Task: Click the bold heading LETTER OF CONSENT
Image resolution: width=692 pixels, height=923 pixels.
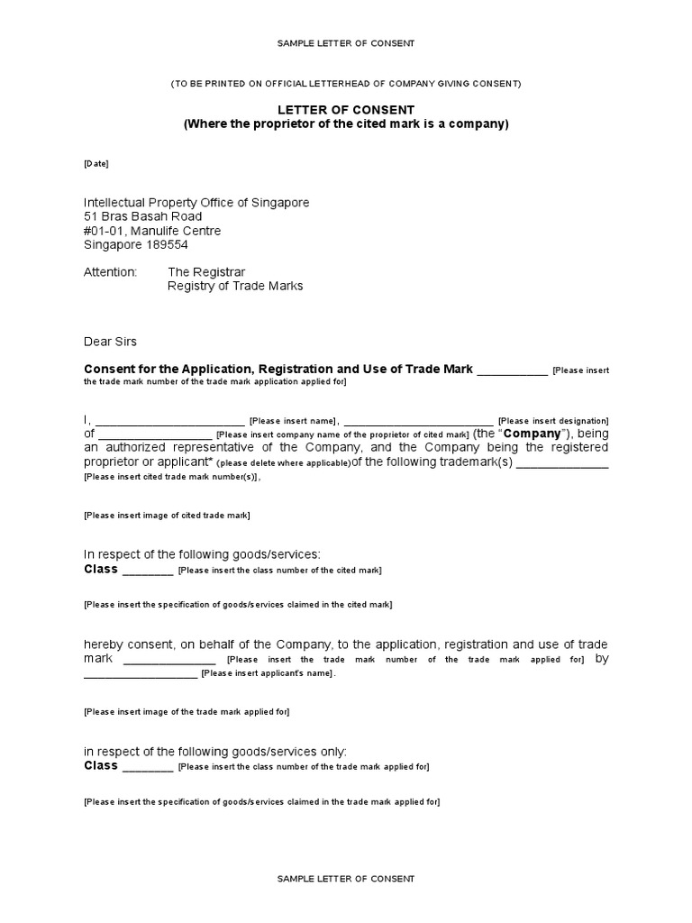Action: click(346, 109)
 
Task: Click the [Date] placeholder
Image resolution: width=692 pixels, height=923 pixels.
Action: click(96, 164)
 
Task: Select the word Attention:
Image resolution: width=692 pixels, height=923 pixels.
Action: click(110, 271)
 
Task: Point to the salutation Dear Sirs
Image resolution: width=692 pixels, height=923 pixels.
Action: click(111, 342)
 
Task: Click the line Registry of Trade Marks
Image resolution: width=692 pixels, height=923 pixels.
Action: click(235, 286)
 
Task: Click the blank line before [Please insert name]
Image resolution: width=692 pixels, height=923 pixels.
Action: click(169, 421)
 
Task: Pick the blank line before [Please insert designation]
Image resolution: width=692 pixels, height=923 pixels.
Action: click(418, 421)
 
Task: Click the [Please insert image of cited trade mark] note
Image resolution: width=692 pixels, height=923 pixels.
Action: click(167, 516)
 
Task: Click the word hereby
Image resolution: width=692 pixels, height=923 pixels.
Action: click(104, 644)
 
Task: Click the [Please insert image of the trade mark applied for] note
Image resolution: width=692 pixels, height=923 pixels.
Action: click(187, 712)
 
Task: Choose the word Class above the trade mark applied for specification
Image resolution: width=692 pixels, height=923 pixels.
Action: click(101, 765)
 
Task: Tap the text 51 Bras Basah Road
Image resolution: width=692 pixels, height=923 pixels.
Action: click(142, 216)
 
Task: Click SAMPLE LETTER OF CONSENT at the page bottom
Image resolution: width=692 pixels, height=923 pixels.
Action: click(346, 879)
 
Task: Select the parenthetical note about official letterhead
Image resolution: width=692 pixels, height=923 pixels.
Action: click(346, 84)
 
